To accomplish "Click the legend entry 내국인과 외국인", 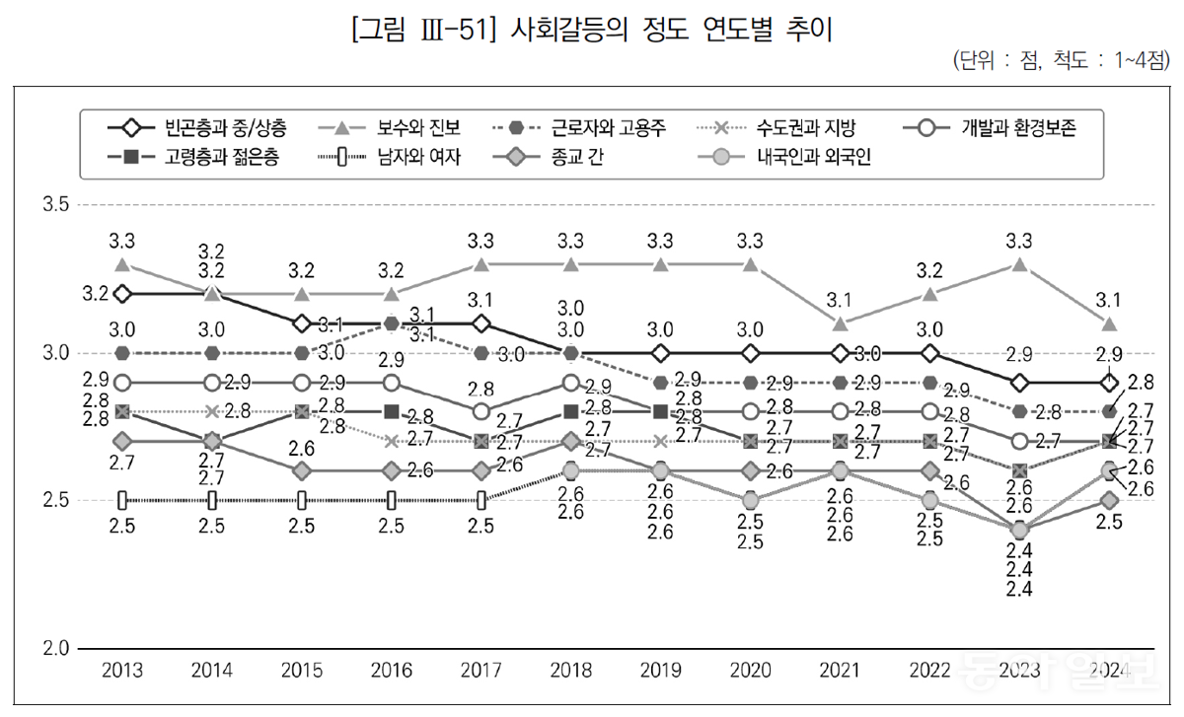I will coord(814,156).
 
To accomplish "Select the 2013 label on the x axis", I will coord(122,672).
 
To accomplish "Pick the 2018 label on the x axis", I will coord(571,672).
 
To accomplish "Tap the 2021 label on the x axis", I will coord(840,672).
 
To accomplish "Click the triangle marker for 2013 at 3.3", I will coord(122,264).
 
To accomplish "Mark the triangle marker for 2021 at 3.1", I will coord(840,323).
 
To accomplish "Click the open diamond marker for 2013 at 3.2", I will coord(122,294).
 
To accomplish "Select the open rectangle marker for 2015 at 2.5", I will coord(302,501).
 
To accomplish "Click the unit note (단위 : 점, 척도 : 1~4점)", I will coord(1061,60).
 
